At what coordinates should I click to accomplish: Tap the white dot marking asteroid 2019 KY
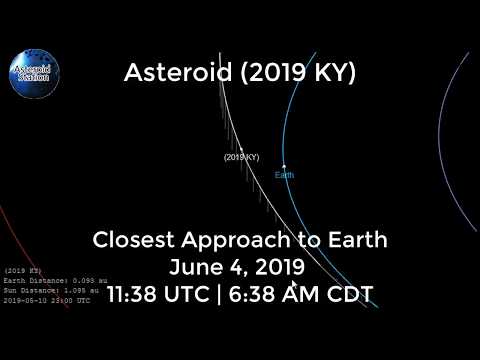click(241, 149)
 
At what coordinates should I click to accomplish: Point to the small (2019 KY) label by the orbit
click(241, 158)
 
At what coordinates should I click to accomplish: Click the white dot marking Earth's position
click(284, 166)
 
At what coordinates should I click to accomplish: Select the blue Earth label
click(285, 175)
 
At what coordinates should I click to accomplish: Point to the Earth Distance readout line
click(55, 281)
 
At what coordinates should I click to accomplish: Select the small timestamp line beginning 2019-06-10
click(47, 299)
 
